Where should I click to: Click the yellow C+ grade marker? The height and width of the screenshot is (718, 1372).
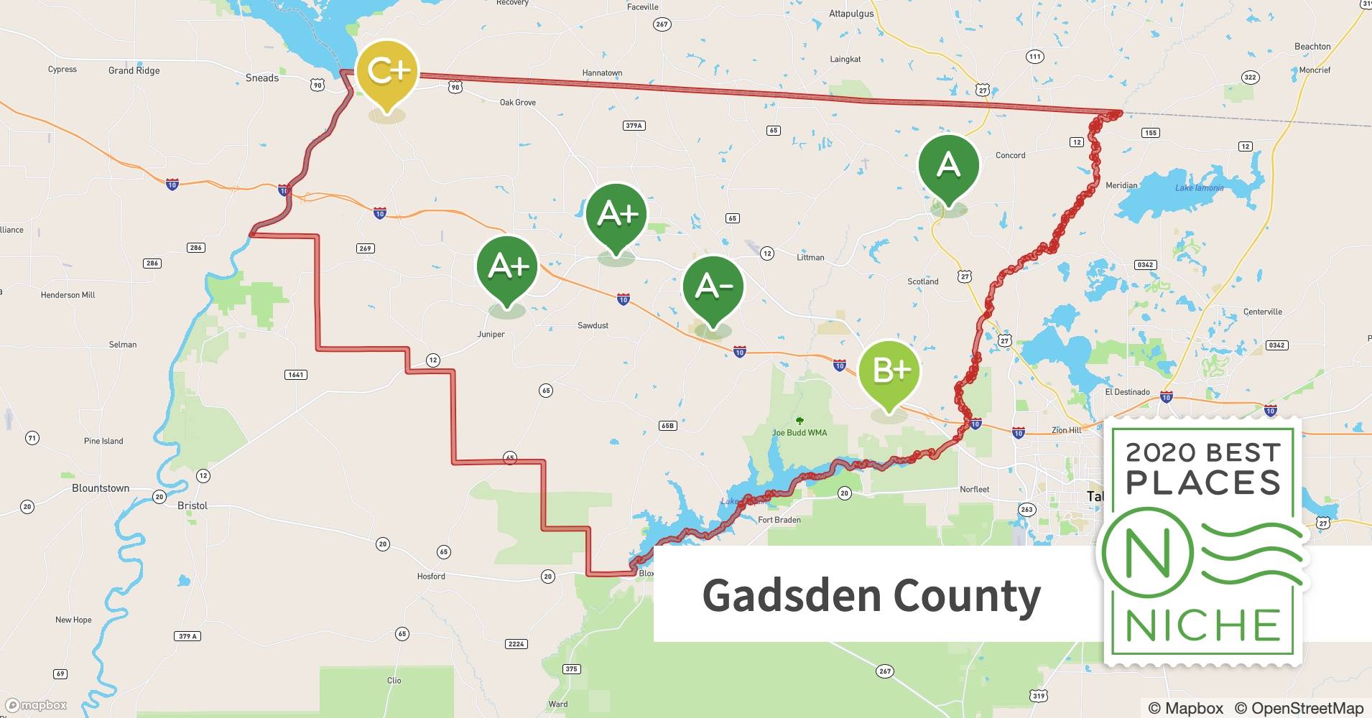tap(388, 72)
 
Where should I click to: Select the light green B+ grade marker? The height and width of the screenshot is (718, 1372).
tap(889, 370)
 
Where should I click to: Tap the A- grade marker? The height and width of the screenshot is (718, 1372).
tap(713, 286)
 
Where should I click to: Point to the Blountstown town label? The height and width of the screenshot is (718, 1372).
tap(101, 488)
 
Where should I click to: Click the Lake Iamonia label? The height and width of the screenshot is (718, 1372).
tap(1199, 188)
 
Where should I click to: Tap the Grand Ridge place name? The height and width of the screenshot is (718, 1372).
tap(134, 70)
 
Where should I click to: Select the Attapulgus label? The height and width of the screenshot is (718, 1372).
tap(851, 14)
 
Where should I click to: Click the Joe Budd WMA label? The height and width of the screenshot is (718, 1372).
tap(799, 433)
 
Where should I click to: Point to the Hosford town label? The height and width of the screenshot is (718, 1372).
tap(431, 577)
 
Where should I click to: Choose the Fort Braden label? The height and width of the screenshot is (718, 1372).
tap(779, 520)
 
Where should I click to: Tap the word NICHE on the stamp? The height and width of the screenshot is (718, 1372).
tap(1203, 626)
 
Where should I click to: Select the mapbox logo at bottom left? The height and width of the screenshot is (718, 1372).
tap(36, 705)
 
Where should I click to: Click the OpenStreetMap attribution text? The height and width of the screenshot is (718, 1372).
tap(1299, 708)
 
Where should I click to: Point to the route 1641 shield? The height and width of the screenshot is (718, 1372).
tap(295, 375)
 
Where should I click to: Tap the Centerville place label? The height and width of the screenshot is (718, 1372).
tap(1262, 312)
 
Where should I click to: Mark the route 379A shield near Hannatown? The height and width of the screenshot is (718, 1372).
tap(634, 126)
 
